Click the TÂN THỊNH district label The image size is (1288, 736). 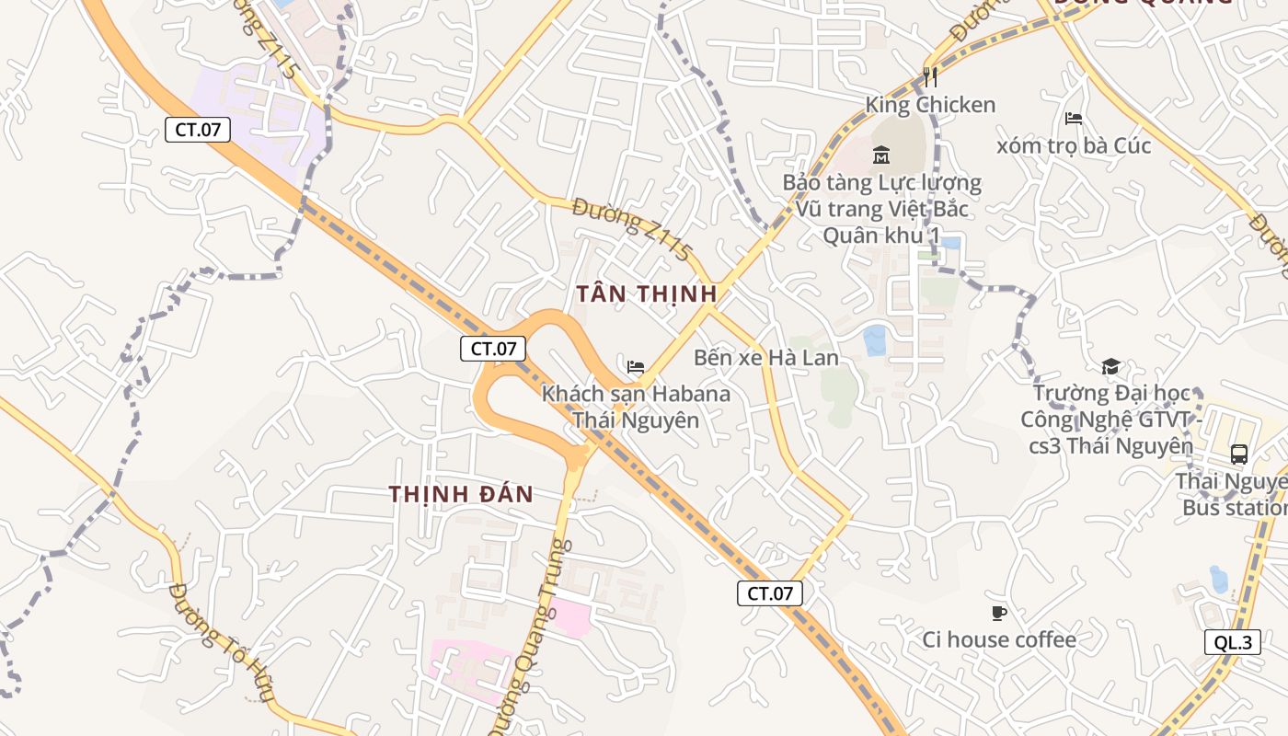tap(646, 294)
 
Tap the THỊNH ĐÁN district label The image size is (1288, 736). tap(461, 494)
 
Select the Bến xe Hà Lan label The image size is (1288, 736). tap(765, 357)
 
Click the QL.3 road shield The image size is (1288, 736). tap(1232, 642)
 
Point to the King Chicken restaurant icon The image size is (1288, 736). tap(930, 77)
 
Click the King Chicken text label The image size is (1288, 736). tap(930, 105)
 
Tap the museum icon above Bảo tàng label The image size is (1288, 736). tap(881, 155)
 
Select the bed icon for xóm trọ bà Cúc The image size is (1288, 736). tap(1073, 118)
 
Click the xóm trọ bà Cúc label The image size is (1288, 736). tap(1074, 145)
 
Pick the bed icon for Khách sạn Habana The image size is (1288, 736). tap(636, 366)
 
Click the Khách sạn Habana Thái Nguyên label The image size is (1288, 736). tap(636, 407)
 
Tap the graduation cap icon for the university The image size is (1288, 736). tap(1110, 366)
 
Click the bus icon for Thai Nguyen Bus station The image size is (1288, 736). tap(1239, 454)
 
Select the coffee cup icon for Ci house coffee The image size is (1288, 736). tap(999, 613)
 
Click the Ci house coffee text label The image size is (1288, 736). tap(999, 639)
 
